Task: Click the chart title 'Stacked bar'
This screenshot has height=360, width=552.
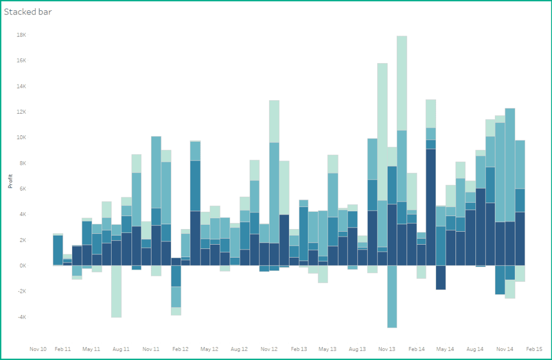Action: [x=28, y=11]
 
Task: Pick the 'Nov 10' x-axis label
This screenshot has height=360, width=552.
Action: [x=38, y=349]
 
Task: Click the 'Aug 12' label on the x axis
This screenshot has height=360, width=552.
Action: [x=239, y=349]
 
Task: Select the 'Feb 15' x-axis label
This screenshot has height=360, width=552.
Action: [x=534, y=349]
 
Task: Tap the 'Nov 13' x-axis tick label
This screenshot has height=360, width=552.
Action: [x=387, y=349]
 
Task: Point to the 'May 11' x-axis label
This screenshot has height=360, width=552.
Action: [x=91, y=349]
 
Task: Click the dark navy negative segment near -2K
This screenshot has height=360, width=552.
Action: [x=440, y=278]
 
